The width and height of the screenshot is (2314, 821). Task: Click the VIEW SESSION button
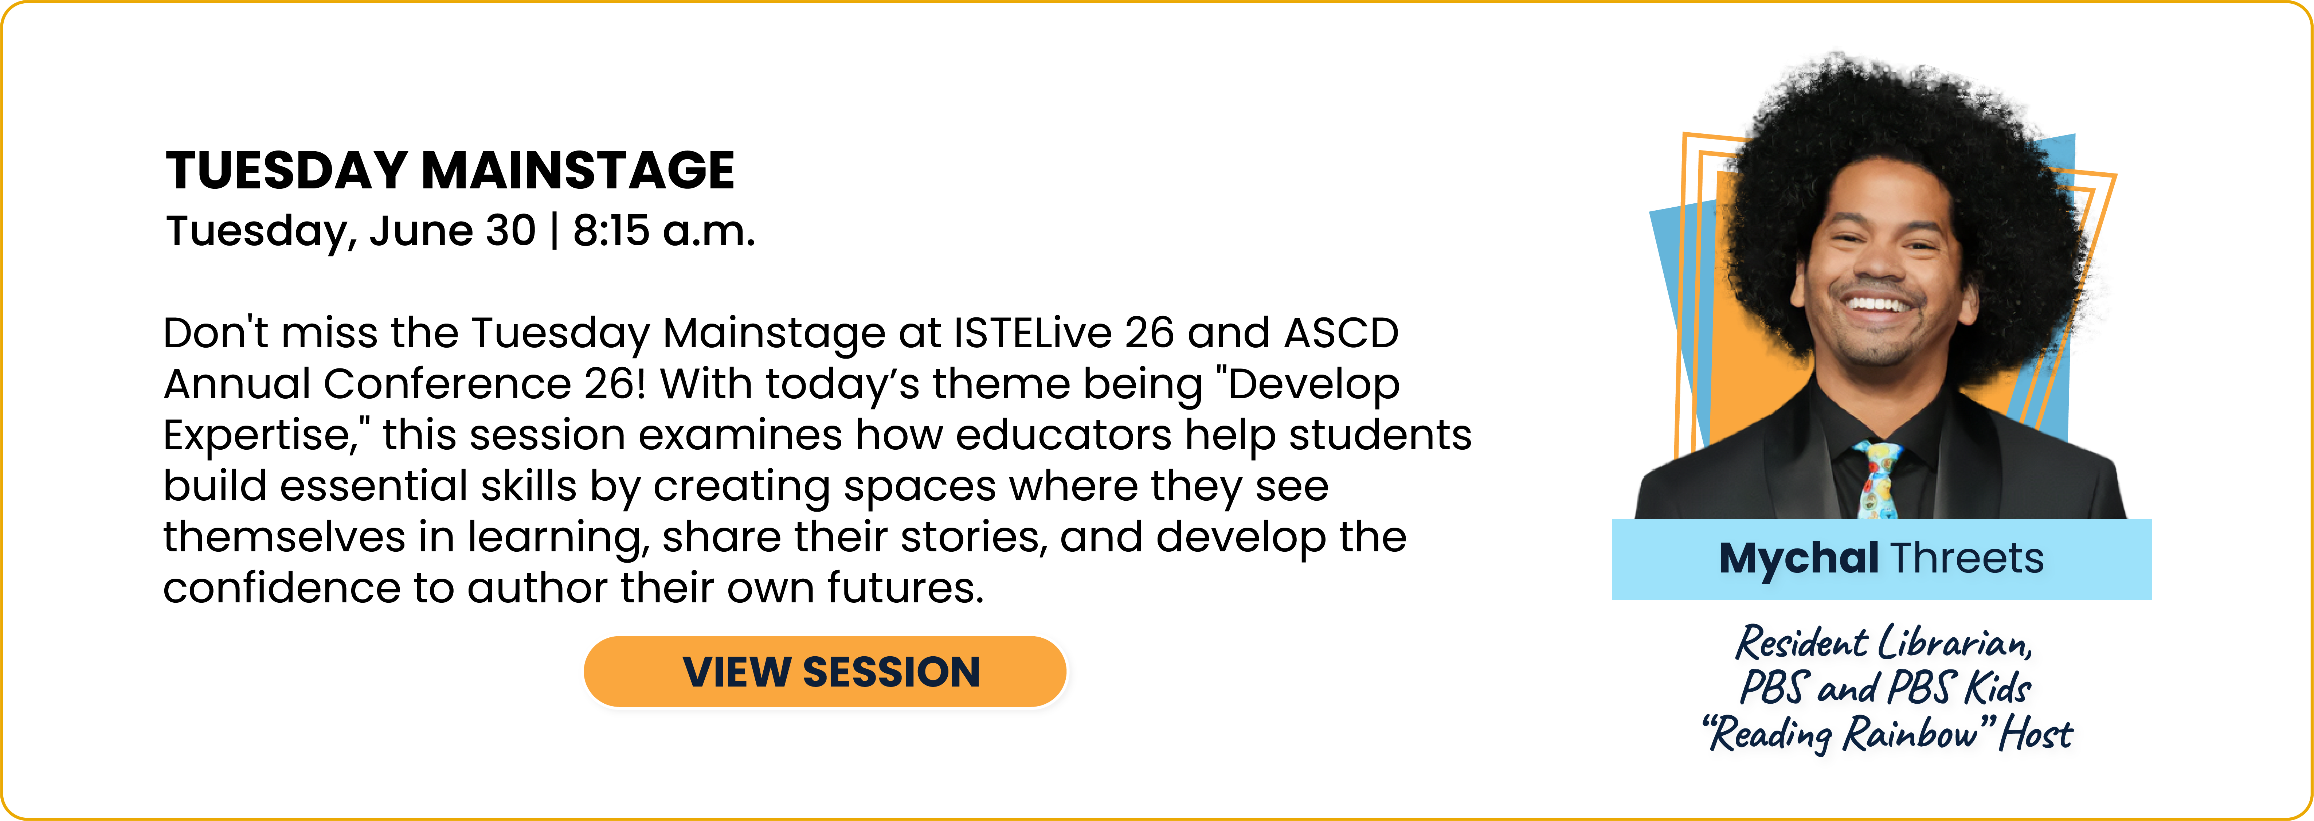(x=825, y=672)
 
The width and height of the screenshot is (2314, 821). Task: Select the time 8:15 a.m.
(x=664, y=231)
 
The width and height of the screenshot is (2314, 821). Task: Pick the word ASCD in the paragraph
(x=1341, y=333)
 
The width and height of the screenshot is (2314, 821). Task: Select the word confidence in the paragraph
(x=281, y=589)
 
